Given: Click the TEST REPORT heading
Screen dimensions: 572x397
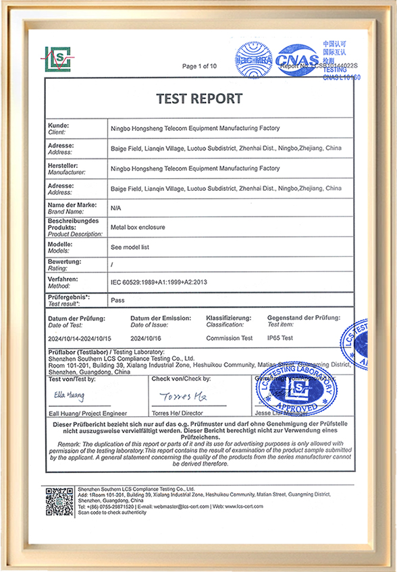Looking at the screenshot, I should [x=199, y=99].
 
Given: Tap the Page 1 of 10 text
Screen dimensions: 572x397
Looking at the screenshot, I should [x=199, y=66].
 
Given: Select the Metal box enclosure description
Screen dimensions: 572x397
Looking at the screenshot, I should [x=138, y=228].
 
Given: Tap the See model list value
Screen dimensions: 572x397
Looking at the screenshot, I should [x=130, y=247].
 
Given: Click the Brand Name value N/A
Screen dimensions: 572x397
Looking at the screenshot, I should [x=115, y=208].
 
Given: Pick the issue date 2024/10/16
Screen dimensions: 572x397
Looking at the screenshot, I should [x=144, y=338].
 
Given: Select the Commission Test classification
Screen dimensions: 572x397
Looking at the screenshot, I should [x=229, y=338].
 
